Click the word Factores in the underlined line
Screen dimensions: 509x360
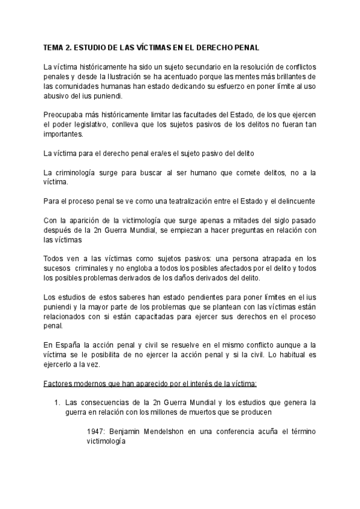point(59,384)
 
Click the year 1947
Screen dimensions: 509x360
point(97,432)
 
